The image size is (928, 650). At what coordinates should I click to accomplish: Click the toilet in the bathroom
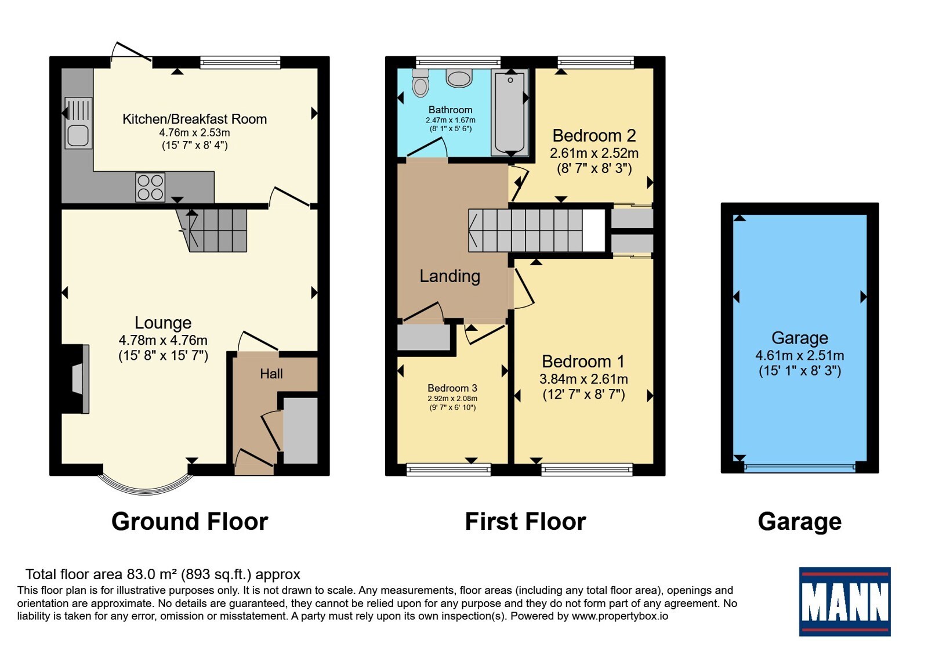[x=420, y=83]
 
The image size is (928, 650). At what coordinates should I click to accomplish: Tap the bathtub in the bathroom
[x=510, y=113]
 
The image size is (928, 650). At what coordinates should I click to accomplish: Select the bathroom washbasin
[x=459, y=78]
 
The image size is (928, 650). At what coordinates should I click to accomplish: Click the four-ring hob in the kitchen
[x=150, y=187]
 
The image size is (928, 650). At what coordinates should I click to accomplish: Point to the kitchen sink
[x=78, y=122]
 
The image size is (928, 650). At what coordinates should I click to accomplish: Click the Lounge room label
[x=163, y=323]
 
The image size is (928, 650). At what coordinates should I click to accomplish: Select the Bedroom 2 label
[x=594, y=136]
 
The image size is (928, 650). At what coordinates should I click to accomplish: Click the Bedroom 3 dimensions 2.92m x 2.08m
[x=452, y=398]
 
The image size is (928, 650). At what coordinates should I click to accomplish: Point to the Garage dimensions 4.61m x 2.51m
[x=800, y=355]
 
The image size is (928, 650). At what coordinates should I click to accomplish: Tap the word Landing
[x=450, y=276]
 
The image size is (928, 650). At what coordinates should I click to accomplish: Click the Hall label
[x=271, y=374]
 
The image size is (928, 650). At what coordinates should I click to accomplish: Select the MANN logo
[x=844, y=601]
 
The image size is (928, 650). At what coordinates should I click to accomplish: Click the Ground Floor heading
[x=190, y=522]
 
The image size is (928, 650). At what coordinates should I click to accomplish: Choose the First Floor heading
[x=525, y=522]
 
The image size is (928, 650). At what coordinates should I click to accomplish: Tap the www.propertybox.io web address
[x=620, y=616]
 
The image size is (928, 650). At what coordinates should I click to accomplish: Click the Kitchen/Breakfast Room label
[x=195, y=119]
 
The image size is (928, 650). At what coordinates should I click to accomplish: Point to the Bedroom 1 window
[x=587, y=470]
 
